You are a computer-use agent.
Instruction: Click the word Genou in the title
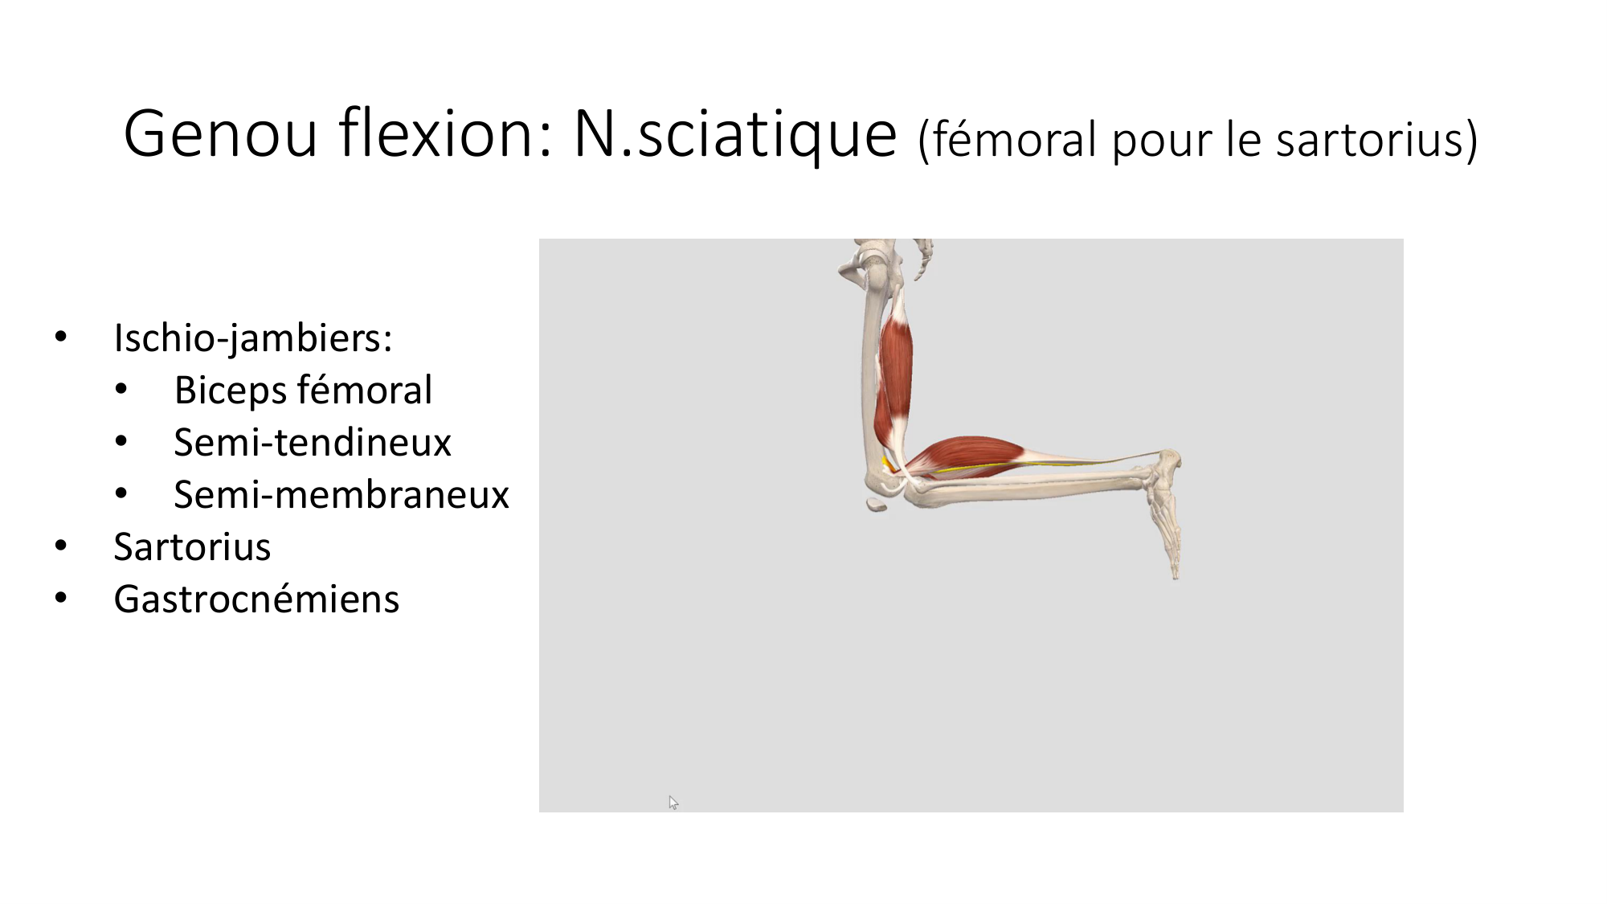tap(221, 133)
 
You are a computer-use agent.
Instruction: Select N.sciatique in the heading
tap(734, 133)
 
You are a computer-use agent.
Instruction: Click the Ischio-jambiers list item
tap(252, 337)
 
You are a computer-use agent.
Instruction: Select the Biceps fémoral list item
tap(303, 390)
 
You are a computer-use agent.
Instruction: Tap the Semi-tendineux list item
tap(313, 442)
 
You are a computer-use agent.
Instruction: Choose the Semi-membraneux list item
tap(341, 494)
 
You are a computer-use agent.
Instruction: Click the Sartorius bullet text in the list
tap(192, 546)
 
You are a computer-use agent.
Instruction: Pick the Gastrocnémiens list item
tap(256, 599)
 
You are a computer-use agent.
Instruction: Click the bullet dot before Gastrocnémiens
tap(61, 598)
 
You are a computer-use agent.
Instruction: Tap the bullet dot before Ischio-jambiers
tap(61, 337)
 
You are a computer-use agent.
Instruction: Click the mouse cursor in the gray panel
tap(673, 802)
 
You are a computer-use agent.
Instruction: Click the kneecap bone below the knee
tap(877, 505)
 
